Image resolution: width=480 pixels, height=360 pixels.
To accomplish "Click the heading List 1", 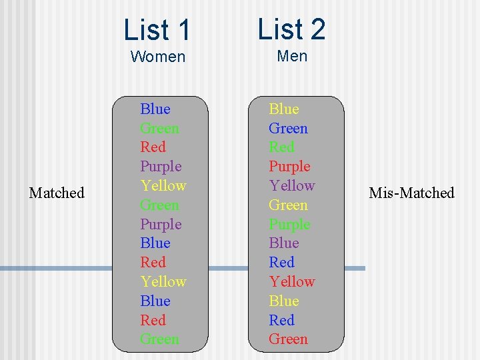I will (x=157, y=30).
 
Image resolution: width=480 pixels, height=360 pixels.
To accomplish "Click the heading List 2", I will (x=291, y=29).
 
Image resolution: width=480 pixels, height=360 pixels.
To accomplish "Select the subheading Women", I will (x=158, y=57).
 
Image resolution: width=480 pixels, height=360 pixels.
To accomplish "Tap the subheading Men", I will (x=292, y=56).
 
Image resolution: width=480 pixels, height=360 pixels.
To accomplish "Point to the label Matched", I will (x=57, y=193).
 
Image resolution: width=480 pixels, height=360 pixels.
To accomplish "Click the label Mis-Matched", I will (x=411, y=193).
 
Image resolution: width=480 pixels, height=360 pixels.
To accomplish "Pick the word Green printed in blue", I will (x=288, y=128).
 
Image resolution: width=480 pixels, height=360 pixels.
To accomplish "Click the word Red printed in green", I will (x=281, y=147).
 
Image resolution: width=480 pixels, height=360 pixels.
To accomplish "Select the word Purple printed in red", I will (x=289, y=166).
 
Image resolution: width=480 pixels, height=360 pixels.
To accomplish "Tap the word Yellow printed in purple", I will (x=292, y=185).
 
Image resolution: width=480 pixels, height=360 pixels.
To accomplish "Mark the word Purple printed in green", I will (x=289, y=224).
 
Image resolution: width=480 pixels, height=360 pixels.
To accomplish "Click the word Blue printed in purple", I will (x=283, y=243).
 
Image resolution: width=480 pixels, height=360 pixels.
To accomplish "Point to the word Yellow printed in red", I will (x=292, y=281).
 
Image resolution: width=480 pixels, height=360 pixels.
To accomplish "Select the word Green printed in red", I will (x=288, y=339).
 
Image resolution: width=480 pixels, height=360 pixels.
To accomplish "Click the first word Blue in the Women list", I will (x=155, y=109).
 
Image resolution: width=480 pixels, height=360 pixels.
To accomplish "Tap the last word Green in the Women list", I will (x=159, y=339).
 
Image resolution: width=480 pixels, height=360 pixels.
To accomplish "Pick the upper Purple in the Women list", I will (x=161, y=166).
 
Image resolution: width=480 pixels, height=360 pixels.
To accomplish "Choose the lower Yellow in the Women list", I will (x=163, y=281).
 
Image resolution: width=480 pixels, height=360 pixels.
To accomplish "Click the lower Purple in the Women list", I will (x=161, y=224).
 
